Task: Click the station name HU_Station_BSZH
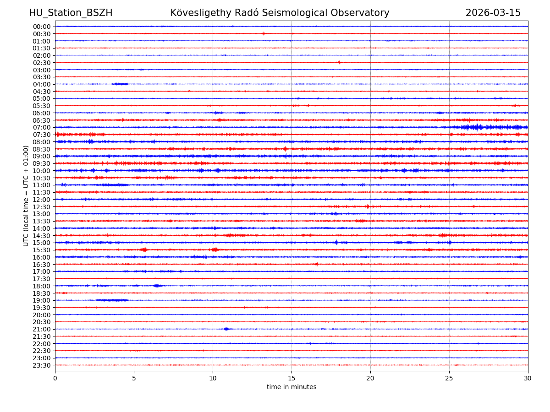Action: click(x=71, y=13)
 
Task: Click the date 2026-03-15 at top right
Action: click(x=493, y=13)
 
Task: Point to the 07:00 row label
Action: click(x=41, y=127)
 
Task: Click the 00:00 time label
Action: click(x=41, y=27)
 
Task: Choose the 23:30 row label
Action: click(x=41, y=365)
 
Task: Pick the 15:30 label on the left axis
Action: click(x=41, y=250)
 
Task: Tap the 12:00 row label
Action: click(x=41, y=200)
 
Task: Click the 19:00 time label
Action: click(x=41, y=300)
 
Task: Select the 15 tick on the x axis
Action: click(x=291, y=379)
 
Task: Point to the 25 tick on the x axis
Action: click(x=449, y=379)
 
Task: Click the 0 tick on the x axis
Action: click(x=55, y=379)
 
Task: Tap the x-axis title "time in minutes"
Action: click(x=291, y=387)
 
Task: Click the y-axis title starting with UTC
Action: click(x=26, y=195)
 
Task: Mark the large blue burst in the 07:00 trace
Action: click(x=477, y=127)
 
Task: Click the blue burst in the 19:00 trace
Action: click(x=112, y=300)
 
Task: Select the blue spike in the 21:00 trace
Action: click(x=226, y=329)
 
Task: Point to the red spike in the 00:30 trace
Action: click(x=264, y=33)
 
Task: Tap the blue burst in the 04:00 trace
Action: click(x=121, y=84)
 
